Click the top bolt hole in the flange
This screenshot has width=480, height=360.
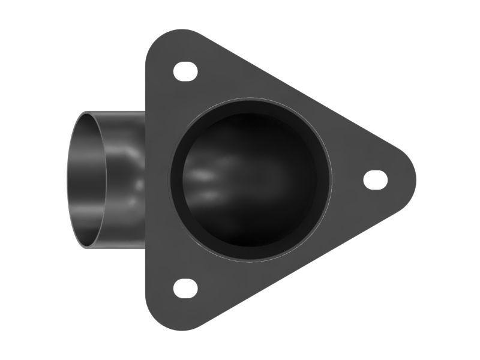[185, 71]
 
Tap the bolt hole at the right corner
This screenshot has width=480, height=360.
[376, 179]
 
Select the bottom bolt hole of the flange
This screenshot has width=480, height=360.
[185, 288]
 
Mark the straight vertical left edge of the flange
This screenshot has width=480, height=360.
[148, 180]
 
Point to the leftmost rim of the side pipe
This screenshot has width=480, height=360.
[67, 179]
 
